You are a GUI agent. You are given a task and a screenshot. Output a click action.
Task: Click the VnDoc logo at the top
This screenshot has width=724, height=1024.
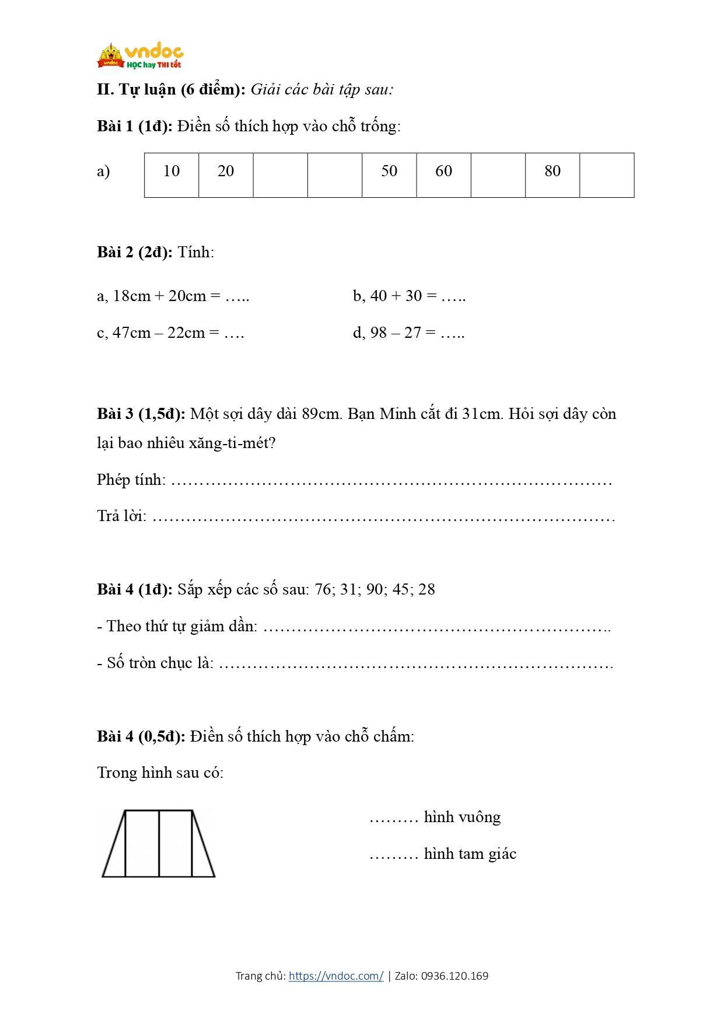pyautogui.click(x=140, y=56)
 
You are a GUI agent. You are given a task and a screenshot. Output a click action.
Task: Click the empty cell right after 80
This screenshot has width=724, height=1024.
pyautogui.click(x=607, y=175)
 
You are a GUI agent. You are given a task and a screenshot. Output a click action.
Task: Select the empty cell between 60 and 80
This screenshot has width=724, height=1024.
pyautogui.click(x=498, y=175)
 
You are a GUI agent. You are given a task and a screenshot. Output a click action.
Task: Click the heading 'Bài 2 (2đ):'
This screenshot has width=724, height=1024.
pyautogui.click(x=135, y=252)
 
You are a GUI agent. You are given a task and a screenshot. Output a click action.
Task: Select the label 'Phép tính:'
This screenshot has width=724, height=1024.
pyautogui.click(x=131, y=480)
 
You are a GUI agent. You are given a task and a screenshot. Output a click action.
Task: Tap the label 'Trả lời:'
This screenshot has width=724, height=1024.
pyautogui.click(x=121, y=516)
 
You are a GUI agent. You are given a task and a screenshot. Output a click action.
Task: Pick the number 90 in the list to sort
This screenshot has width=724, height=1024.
pyautogui.click(x=375, y=589)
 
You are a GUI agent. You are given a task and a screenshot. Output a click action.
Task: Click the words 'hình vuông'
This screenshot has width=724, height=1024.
pyautogui.click(x=462, y=817)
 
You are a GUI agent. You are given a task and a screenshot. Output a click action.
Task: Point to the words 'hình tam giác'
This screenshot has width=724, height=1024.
pyautogui.click(x=470, y=854)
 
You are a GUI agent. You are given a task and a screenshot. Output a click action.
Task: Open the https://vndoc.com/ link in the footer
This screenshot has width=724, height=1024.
pyautogui.click(x=336, y=976)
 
